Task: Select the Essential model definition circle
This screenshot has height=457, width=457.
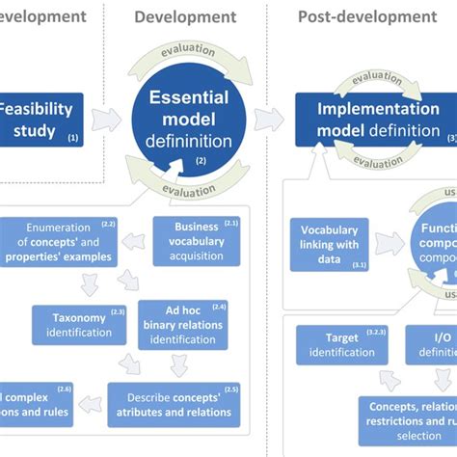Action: [189, 121]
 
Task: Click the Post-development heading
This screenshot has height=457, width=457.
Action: [366, 16]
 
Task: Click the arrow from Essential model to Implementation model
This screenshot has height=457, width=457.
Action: [270, 119]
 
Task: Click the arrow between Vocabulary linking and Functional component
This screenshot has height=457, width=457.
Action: [390, 243]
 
